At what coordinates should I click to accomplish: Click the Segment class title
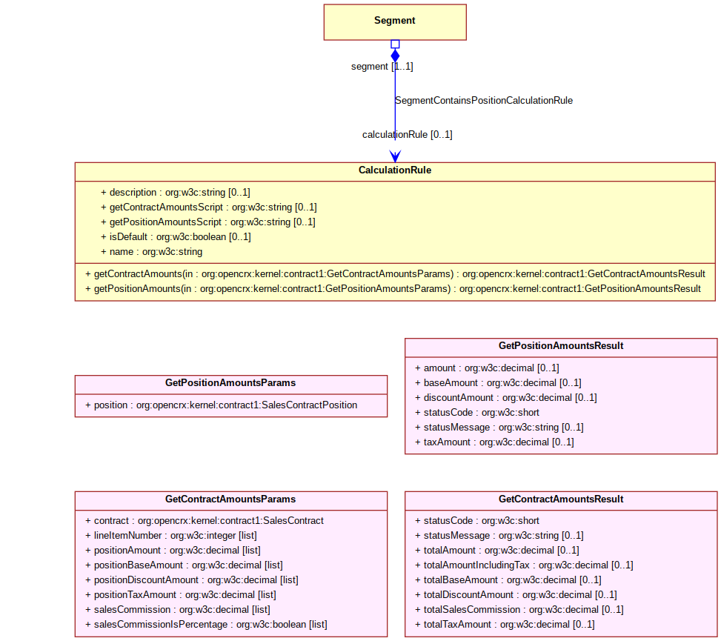pos(394,20)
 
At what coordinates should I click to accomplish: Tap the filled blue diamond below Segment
pos(395,56)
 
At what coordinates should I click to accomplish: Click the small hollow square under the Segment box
pos(395,44)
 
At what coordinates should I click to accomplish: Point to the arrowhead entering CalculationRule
pos(395,156)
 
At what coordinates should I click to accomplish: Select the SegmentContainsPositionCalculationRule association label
pos(484,100)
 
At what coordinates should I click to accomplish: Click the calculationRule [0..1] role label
pos(408,134)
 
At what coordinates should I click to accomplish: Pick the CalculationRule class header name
pos(395,170)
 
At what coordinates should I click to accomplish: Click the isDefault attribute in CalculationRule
pos(176,237)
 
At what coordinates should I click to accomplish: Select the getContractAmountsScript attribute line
pos(209,207)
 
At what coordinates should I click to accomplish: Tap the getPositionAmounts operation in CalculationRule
pos(393,289)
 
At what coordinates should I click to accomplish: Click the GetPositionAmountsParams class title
pos(230,382)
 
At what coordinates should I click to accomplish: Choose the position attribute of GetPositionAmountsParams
pos(221,405)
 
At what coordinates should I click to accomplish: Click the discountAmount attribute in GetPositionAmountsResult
pos(506,398)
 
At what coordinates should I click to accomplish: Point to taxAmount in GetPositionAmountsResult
pos(494,442)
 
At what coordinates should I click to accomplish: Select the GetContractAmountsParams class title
pos(230,499)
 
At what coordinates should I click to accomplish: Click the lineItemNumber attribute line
pos(171,536)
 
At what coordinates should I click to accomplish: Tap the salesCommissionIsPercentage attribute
pos(206,625)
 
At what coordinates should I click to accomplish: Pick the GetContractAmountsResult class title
pos(561,499)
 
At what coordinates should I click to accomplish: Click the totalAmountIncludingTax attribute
pos(524,565)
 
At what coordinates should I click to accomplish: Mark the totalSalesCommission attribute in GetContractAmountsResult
pos(519,610)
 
